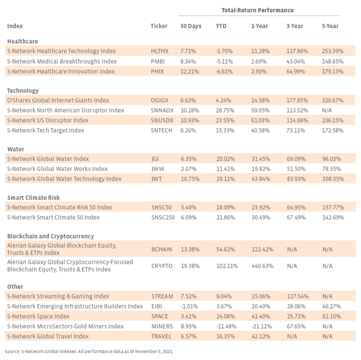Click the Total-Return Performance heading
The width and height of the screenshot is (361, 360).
click(x=257, y=10)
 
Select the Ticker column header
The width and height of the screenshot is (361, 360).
click(x=159, y=26)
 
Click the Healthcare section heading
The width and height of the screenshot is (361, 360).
click(x=23, y=41)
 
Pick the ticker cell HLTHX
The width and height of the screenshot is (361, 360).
click(x=160, y=51)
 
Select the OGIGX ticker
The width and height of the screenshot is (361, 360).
click(x=160, y=100)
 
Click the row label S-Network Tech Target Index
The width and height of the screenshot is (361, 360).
click(x=46, y=130)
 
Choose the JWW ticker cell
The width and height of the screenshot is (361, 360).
click(x=157, y=169)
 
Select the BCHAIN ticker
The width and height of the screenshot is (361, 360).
click(x=162, y=249)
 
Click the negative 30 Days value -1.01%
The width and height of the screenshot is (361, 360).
click(x=189, y=306)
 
